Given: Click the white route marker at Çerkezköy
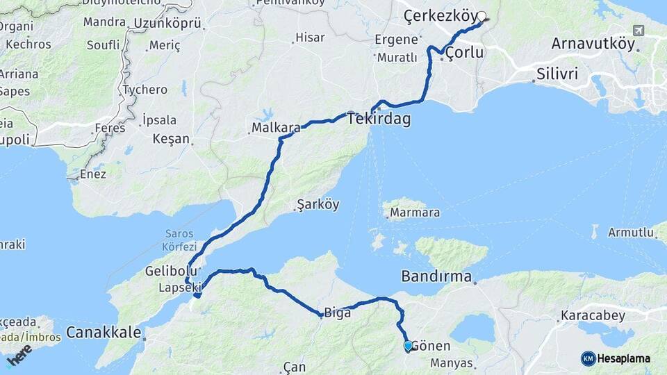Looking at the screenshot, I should click(481, 17).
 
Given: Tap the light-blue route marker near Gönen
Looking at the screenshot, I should click(408, 345).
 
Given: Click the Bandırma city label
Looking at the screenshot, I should click(436, 276).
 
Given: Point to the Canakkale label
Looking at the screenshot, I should click(104, 332).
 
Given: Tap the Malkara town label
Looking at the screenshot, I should click(276, 128).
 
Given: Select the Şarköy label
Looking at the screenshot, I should click(318, 205).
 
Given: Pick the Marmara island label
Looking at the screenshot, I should click(415, 212).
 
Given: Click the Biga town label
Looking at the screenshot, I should click(336, 312).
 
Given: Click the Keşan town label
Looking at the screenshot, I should click(170, 138).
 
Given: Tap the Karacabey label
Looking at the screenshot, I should click(593, 315).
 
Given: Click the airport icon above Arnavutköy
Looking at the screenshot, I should click(639, 31).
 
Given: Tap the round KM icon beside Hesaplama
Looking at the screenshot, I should click(588, 358).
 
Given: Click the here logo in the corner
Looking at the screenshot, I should click(19, 356).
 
